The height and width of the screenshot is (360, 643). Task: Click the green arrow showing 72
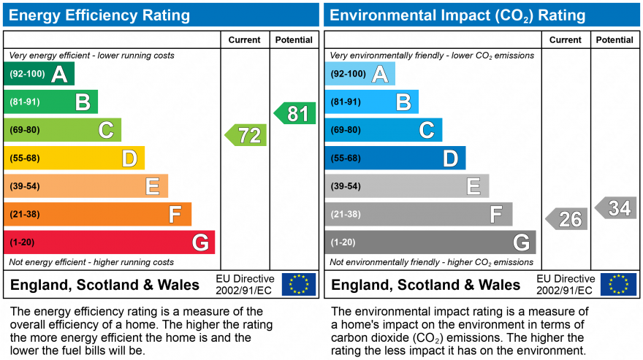[x=246, y=135]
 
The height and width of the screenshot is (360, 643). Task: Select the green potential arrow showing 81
[x=295, y=113]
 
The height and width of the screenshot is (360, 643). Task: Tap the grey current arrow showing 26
[x=567, y=218]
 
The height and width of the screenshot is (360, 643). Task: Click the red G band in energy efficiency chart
[x=110, y=242]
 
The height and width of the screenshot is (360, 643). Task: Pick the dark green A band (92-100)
[x=39, y=74]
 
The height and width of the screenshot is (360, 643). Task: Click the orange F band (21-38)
[x=98, y=215]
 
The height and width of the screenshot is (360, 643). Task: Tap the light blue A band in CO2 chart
[x=360, y=74]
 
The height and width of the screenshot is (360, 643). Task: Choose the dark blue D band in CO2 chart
[x=395, y=158]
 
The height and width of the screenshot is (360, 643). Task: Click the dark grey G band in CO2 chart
[x=430, y=242]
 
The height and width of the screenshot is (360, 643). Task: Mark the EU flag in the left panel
[x=299, y=284]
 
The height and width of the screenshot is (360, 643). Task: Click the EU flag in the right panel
[x=618, y=284]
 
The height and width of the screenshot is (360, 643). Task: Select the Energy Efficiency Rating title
[x=99, y=15]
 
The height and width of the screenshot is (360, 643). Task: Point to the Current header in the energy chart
[x=245, y=40]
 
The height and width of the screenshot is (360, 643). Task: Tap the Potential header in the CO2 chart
[x=615, y=40]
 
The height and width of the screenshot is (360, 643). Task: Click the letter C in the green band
[x=107, y=130]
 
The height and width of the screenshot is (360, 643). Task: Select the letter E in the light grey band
[x=473, y=186]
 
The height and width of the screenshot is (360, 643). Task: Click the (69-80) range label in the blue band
[x=346, y=130]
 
